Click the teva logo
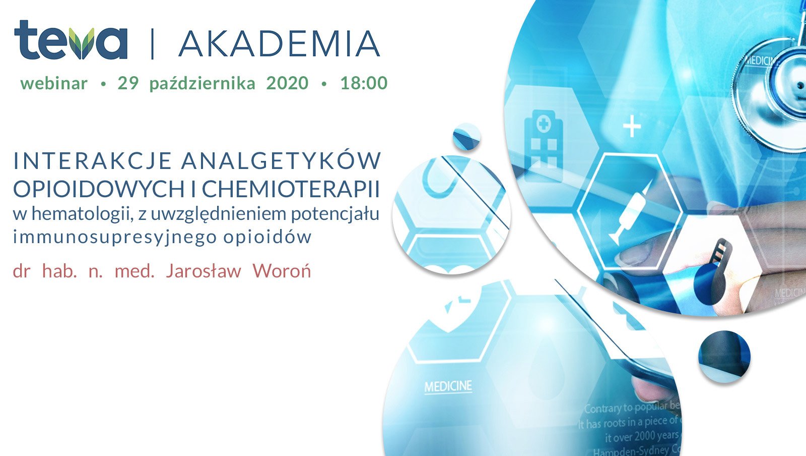(x=71, y=40)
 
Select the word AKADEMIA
(x=279, y=44)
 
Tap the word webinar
(x=54, y=83)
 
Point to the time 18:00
(x=364, y=83)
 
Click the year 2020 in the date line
(x=287, y=83)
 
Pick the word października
(x=203, y=84)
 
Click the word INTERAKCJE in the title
(x=93, y=161)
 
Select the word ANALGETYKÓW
(x=281, y=161)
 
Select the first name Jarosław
(x=204, y=271)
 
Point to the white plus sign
(x=632, y=126)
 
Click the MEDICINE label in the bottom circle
(x=448, y=387)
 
